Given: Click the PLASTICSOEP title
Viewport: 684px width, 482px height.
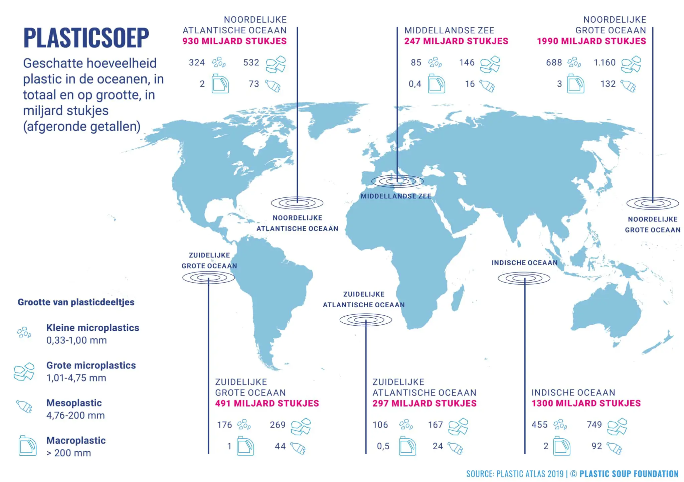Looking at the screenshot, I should [x=86, y=38].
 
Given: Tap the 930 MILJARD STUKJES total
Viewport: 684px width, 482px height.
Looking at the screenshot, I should [x=234, y=41].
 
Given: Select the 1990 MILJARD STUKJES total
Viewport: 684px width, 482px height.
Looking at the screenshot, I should [x=591, y=41].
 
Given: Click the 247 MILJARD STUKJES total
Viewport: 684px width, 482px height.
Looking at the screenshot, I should [x=456, y=41].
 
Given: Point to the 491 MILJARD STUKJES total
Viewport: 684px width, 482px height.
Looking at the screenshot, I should [x=267, y=403].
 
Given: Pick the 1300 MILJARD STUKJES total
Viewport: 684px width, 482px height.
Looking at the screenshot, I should [x=586, y=403].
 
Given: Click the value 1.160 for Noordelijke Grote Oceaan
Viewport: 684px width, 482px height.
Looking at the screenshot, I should [x=605, y=62].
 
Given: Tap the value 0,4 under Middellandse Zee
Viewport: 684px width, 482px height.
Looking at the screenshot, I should [x=415, y=84].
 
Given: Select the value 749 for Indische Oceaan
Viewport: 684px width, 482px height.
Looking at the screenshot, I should [x=594, y=425].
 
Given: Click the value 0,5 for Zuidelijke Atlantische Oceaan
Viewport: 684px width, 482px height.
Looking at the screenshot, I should [x=383, y=446].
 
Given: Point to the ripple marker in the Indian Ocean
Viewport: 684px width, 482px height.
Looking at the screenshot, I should [x=524, y=278].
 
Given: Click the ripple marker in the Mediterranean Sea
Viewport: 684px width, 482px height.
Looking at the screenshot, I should [x=397, y=181].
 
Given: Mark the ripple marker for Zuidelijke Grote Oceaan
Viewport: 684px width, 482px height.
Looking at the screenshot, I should [x=208, y=278].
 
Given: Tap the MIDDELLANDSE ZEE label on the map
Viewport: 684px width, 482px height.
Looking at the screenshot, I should [x=396, y=196].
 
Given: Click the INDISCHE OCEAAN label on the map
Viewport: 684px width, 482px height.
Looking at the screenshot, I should [x=524, y=263].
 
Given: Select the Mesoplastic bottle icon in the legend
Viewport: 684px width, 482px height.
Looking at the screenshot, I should [x=24, y=407].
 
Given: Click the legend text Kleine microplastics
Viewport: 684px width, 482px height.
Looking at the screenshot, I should [x=93, y=328].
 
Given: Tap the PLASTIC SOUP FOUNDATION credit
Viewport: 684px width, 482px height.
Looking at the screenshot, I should [x=629, y=474].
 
